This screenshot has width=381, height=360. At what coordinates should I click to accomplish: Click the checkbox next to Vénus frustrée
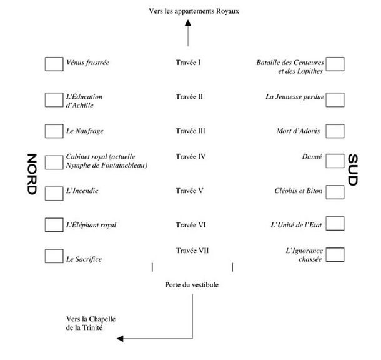(x=54, y=64)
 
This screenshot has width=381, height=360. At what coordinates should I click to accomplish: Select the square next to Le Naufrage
(x=54, y=131)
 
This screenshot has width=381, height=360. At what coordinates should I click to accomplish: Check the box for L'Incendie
(x=54, y=192)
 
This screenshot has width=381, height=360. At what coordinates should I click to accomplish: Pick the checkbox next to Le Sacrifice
(x=54, y=256)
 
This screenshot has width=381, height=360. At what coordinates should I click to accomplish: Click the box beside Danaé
(x=335, y=161)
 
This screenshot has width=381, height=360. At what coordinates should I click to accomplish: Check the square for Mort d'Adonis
(x=335, y=131)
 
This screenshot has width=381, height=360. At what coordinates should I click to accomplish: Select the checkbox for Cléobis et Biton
(x=335, y=191)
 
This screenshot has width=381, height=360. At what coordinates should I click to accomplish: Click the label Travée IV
(x=190, y=156)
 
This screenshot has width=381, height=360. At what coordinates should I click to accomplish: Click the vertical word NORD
(x=32, y=176)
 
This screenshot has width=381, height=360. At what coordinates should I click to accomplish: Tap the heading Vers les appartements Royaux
(x=194, y=11)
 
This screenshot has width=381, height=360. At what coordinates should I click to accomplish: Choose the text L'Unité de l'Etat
(x=297, y=224)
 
